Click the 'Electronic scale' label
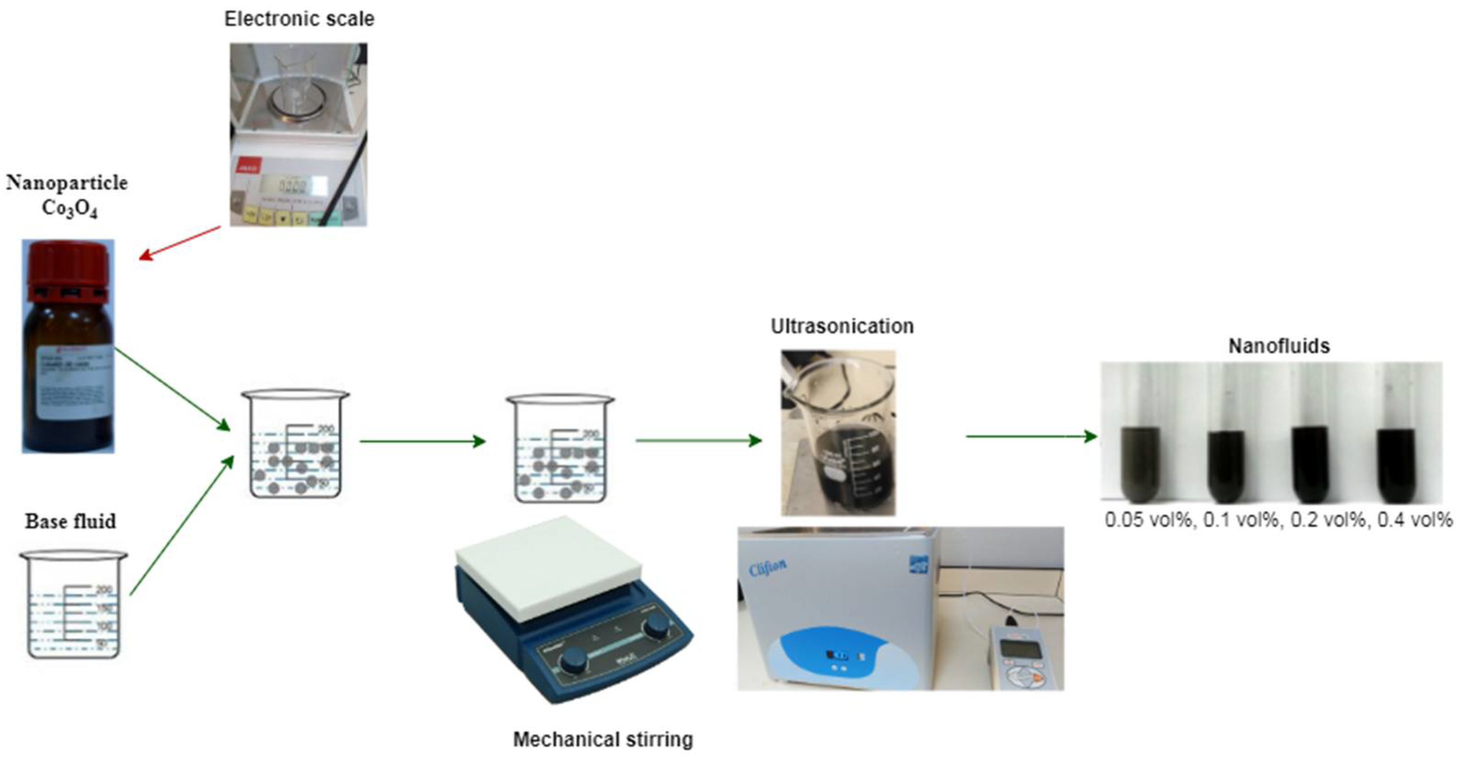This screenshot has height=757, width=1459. click(x=299, y=19)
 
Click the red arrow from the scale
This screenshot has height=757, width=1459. click(x=180, y=243)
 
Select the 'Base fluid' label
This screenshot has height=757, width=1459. click(x=70, y=521)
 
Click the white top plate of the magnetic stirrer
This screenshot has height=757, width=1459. click(x=548, y=567)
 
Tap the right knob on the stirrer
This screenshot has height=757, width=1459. click(x=657, y=626)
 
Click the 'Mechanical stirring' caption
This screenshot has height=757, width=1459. click(x=602, y=739)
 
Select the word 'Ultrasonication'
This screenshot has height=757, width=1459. click(x=841, y=326)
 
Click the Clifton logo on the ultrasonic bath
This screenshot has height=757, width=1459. click(x=767, y=567)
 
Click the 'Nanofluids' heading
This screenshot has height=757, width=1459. click(x=1278, y=345)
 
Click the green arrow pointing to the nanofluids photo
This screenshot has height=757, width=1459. click(x=1031, y=436)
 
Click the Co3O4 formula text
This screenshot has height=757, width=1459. click(x=69, y=208)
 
